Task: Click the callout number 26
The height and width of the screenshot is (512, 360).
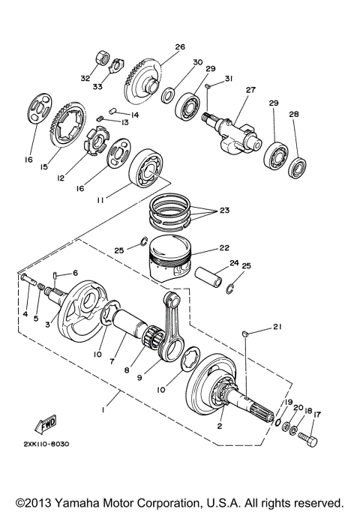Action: (x=179, y=47)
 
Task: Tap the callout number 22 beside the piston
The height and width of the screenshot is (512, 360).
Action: (x=223, y=247)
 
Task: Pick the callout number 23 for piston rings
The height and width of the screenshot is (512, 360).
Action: (x=224, y=211)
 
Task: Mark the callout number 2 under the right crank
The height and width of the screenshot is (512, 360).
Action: (x=220, y=427)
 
